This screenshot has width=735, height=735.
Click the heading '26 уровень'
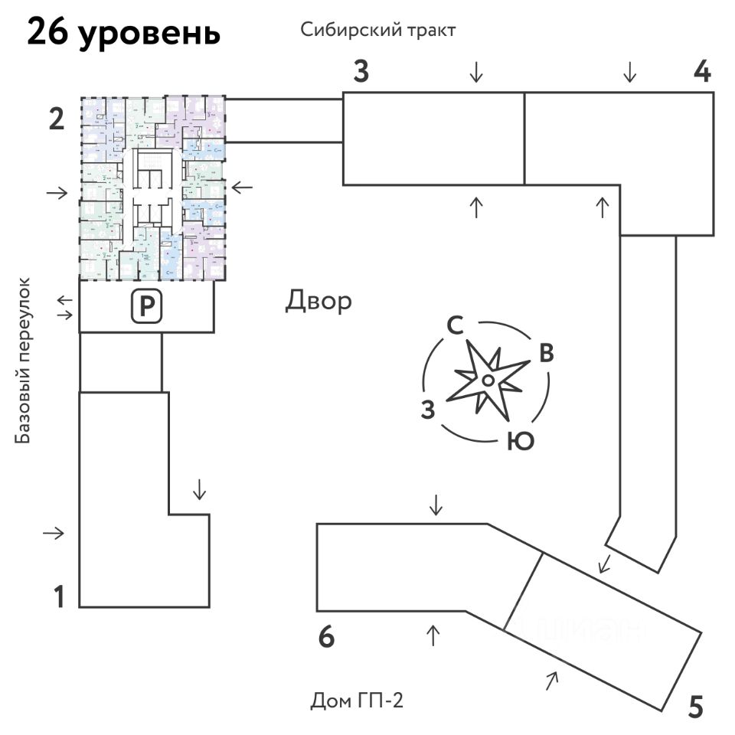pos(124,34)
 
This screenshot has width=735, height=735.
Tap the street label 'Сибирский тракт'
pos(378,31)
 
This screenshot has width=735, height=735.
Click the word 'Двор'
pos(318,301)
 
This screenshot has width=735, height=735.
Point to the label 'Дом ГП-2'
pos(357,700)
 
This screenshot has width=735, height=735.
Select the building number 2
pos(56,120)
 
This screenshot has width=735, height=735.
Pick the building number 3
pos(361,73)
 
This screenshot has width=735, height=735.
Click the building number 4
pos(702,73)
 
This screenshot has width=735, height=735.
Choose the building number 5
pos(695,706)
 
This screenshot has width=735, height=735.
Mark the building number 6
pos(327,637)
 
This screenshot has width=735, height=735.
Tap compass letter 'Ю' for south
pos(520,442)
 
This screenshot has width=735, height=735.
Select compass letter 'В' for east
pos(546,354)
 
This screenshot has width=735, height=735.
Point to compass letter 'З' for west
pos(429,410)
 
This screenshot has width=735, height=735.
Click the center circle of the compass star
pos(487,381)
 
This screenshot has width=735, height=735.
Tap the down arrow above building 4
pos(629,73)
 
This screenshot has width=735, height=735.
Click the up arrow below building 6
pos(433,635)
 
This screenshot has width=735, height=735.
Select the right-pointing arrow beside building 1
pos(54,533)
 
